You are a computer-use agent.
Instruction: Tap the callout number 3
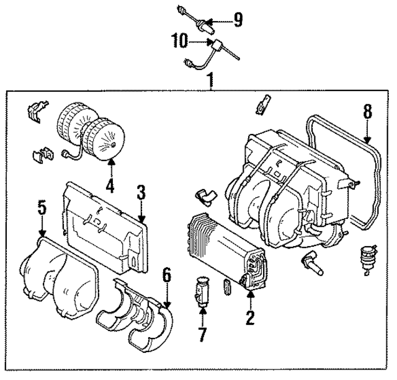coord(141,192)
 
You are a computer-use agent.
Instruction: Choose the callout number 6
coord(166,274)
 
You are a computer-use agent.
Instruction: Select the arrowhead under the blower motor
coord(112,162)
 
